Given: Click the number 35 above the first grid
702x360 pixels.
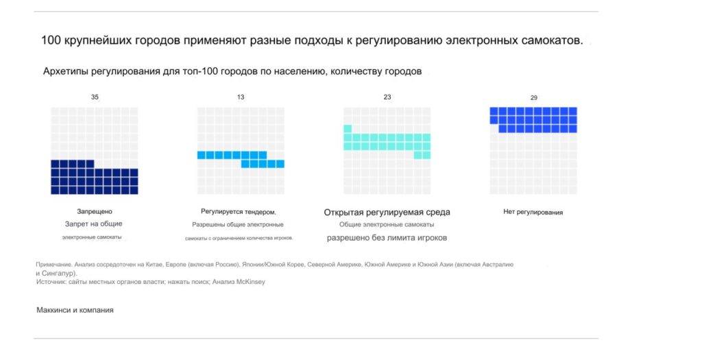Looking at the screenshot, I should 95,97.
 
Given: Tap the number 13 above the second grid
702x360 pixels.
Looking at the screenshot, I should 241,97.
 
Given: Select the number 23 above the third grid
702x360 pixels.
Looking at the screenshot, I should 387,97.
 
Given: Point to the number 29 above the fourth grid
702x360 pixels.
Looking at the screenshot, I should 533,98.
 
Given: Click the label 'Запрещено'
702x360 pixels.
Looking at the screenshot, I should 95,212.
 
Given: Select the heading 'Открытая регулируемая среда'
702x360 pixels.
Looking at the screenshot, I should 387,213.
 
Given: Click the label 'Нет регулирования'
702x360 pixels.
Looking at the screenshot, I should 533,213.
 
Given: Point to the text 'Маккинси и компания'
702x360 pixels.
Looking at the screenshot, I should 75,311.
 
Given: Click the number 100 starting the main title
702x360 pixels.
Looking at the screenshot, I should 51,40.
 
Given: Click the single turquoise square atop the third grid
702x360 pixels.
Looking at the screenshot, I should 348,129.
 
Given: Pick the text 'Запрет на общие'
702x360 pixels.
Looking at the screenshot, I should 94,224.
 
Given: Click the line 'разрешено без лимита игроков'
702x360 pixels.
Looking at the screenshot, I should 387,238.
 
